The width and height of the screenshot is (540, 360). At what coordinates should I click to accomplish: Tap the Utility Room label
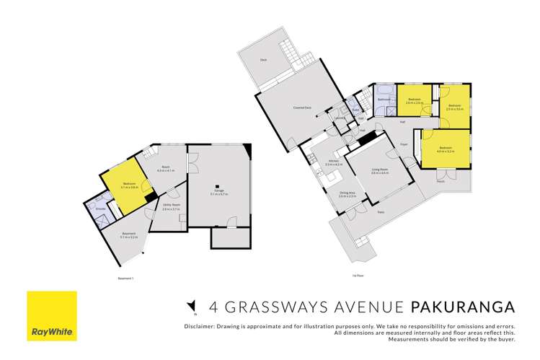(170, 206)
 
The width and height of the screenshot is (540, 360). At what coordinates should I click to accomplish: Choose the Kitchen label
(334, 163)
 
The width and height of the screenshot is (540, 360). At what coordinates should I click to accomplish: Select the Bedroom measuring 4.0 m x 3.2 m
(445, 149)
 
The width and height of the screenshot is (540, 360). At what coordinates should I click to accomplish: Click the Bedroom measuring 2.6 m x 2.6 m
(414, 100)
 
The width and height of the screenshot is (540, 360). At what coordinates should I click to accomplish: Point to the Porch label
(440, 181)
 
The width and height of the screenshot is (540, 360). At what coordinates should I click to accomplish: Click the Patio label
(380, 212)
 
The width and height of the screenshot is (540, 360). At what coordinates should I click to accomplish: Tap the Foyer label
(404, 144)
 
